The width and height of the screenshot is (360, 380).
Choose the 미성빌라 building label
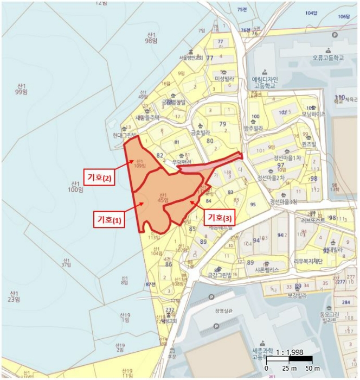pyautogui.click(x=227, y=78)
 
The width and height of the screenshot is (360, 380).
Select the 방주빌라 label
pyautogui.click(x=253, y=128)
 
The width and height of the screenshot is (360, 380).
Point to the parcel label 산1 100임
pyautogui.click(x=71, y=186)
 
